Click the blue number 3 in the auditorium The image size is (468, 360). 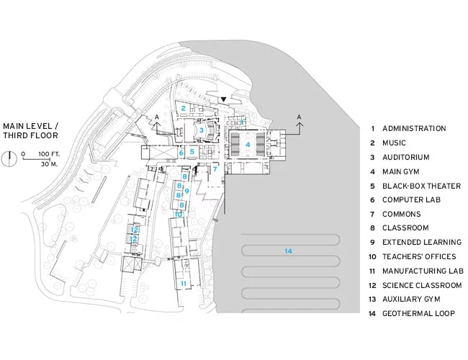click(202, 130)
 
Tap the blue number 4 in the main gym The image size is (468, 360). click(248, 145)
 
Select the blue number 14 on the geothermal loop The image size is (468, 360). click(288, 251)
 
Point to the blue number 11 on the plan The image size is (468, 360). click(184, 284)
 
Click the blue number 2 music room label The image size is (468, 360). click(184, 108)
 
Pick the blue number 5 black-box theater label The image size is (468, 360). click(192, 152)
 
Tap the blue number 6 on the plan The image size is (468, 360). click(181, 153)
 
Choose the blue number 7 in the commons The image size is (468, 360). click(215, 169)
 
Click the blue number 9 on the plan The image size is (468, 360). click(187, 191)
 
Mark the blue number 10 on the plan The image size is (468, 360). click(178, 215)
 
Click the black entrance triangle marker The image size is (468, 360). click(224, 99)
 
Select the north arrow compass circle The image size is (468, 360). click(9, 159)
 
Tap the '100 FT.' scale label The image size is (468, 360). click(49, 154)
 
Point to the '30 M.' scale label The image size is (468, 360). click(49, 164)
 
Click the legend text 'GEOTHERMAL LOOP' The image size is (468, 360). click(418, 314)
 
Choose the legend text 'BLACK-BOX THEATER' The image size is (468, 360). click(421, 186)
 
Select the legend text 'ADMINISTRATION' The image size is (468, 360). click(414, 129)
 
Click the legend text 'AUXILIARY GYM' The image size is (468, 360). click(411, 299)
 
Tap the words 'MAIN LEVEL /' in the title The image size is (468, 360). click(31, 126)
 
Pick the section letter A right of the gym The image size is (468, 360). click(299, 117)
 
